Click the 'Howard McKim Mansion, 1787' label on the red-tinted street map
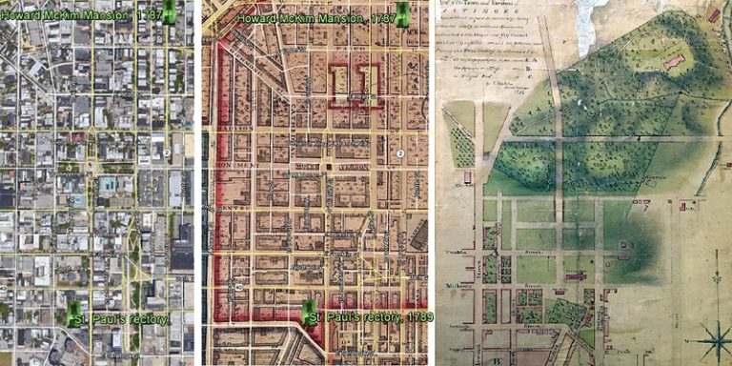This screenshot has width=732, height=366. point(314,18)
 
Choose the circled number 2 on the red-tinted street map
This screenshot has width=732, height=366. point(401,153)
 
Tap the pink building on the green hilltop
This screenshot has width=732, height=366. point(674,62)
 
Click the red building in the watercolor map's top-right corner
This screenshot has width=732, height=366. point(714,15)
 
